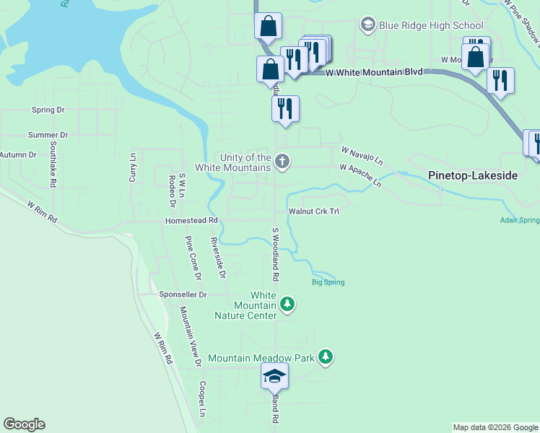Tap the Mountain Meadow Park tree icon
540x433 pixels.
pyautogui.click(x=326, y=357)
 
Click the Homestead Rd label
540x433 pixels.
pyautogui.click(x=191, y=220)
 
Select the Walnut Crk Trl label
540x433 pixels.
pyautogui.click(x=314, y=211)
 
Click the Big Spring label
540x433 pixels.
pyautogui.click(x=328, y=282)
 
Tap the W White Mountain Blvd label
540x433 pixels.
pyautogui.click(x=373, y=72)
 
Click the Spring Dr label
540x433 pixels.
pyautogui.click(x=48, y=110)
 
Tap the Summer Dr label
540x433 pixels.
pyautogui.click(x=48, y=135)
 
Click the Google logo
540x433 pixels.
pyautogui.click(x=24, y=424)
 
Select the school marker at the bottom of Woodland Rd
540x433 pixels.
pyautogui.click(x=274, y=376)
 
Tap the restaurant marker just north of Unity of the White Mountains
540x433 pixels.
pyautogui.click(x=285, y=109)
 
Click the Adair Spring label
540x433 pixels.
pyautogui.click(x=519, y=220)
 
